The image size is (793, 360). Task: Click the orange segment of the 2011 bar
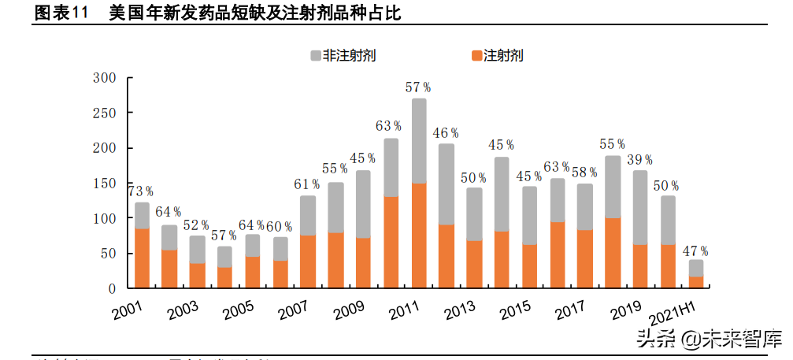pos(419,236)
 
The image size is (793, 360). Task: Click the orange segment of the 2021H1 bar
pos(696,282)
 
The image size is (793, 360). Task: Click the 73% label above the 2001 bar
pos(141,191)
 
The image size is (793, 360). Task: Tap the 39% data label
pos(640,160)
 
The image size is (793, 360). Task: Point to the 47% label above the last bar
pos(696,251)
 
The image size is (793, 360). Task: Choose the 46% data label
pos(447,133)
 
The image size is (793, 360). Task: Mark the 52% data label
pos(197,225)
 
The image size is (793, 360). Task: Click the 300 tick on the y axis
pos(104,78)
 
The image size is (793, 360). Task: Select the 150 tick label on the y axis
pos(104,184)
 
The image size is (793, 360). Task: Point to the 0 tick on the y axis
pos(113,289)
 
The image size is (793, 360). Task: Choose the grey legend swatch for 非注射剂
pos(315,56)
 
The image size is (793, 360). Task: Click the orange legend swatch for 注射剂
pos(476,56)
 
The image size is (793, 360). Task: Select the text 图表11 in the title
pos(61,14)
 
